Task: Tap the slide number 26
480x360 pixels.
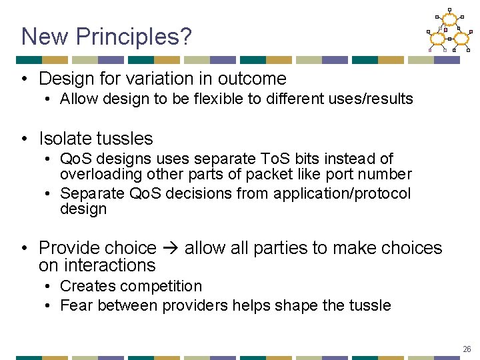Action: (467, 349)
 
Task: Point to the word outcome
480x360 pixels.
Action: (254, 79)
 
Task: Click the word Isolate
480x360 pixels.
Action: (65, 139)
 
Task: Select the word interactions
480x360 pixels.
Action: (109, 265)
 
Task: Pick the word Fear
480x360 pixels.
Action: (74, 305)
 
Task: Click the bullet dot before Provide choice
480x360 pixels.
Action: (24, 249)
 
